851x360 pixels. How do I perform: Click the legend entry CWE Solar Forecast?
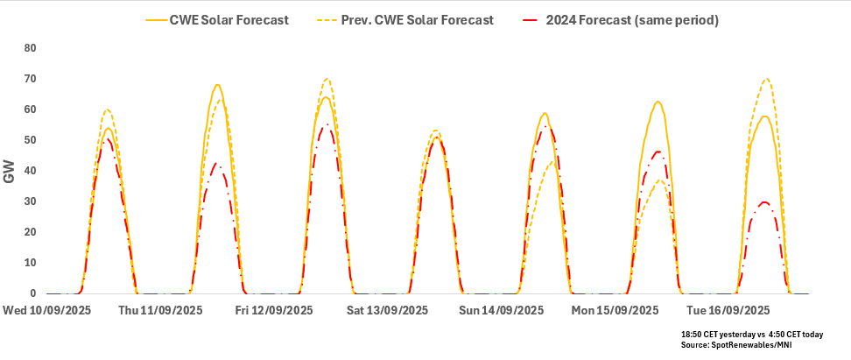click(230, 19)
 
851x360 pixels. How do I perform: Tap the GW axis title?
click(11, 172)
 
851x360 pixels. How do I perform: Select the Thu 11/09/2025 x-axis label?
click(160, 310)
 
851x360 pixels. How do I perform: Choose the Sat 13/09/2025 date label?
click(387, 310)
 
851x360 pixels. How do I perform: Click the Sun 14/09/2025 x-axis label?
click(502, 310)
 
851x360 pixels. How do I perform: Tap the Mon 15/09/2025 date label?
click(615, 310)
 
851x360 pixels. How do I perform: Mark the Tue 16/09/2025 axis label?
click(728, 310)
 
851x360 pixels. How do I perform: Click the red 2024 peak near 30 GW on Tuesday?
click(764, 202)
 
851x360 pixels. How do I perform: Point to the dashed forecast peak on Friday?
click(327, 79)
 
